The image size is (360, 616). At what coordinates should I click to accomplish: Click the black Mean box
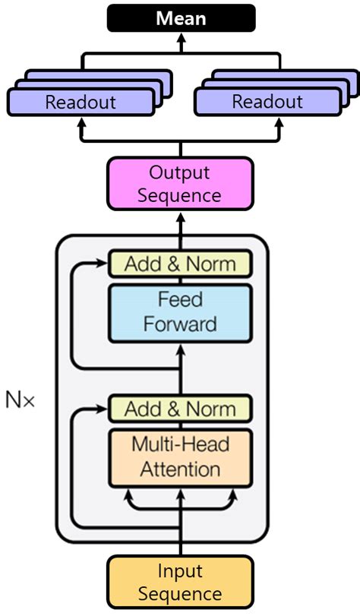point(180,17)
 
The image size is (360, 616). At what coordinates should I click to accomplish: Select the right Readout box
point(267,102)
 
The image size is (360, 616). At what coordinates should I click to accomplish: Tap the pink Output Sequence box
point(180,184)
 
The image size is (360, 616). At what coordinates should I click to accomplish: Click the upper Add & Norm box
point(180,264)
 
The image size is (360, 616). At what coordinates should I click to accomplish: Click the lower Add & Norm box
point(180,409)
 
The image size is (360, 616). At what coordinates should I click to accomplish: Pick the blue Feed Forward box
point(180,311)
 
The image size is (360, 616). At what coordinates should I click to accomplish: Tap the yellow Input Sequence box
point(180,583)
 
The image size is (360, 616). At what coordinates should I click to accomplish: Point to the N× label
point(21,401)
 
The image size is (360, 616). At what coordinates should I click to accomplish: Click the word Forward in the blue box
point(180,324)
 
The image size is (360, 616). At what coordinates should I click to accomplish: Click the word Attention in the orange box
point(180,469)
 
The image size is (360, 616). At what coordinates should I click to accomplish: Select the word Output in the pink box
point(180,172)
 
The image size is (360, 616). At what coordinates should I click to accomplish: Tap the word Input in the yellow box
point(180,571)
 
